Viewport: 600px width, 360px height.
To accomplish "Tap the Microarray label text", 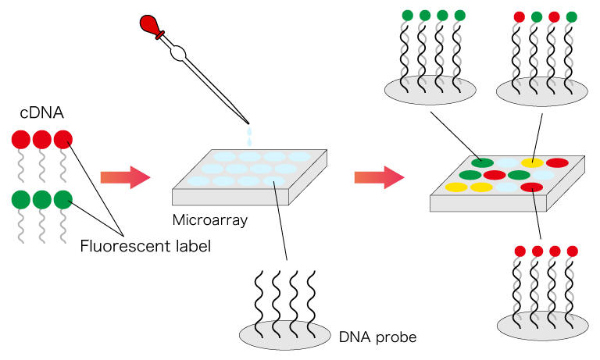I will [209, 220].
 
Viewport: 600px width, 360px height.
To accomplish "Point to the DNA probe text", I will [377, 337].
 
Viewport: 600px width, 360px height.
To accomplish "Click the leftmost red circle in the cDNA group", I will [21, 140].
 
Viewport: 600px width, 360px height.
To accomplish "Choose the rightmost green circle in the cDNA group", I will [63, 200].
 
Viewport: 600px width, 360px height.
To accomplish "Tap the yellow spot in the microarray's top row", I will [532, 162].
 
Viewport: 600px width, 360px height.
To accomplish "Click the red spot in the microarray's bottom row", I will [531, 187].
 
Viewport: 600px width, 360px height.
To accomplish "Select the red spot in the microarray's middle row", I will [495, 175].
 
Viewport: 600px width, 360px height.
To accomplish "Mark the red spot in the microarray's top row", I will [557, 162].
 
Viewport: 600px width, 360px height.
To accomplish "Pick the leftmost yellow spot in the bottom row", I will [455, 187].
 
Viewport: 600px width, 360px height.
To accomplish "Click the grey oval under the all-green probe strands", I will [430, 87].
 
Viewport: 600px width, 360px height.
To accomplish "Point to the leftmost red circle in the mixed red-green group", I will [518, 16].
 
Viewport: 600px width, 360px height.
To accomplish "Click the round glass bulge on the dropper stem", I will [179, 53].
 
